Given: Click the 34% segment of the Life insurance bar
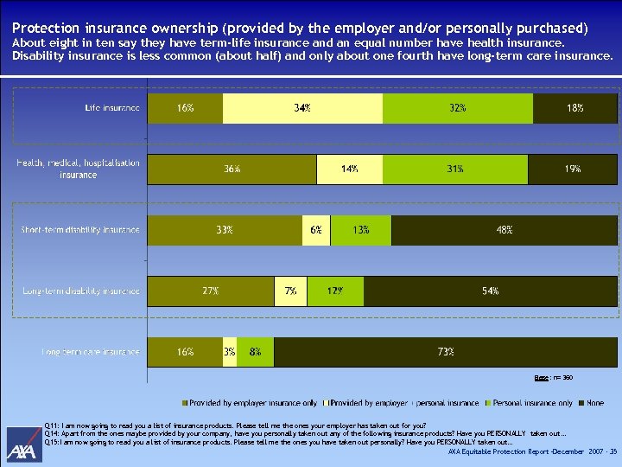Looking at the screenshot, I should pyautogui.click(x=302, y=108).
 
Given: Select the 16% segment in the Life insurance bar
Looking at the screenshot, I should pyautogui.click(x=185, y=108).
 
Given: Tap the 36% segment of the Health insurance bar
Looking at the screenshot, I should pyautogui.click(x=232, y=170).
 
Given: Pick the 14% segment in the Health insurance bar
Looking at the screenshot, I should pyautogui.click(x=349, y=170).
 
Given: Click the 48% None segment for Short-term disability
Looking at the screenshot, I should pyautogui.click(x=505, y=230).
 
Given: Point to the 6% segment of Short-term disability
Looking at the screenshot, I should pyautogui.click(x=316, y=230).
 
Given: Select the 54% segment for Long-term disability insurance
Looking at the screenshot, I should pyautogui.click(x=491, y=291).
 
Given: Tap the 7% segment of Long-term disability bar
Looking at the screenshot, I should pyautogui.click(x=290, y=291).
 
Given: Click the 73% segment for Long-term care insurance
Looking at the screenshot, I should pyautogui.click(x=446, y=352).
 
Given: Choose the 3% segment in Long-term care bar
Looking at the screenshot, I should pyautogui.click(x=230, y=352).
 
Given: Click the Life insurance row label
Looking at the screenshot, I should pyautogui.click(x=111, y=108).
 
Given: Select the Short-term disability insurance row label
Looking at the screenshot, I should pyautogui.click(x=80, y=230).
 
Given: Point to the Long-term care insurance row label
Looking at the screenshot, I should pyautogui.click(x=91, y=352).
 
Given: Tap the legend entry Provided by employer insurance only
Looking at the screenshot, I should pyautogui.click(x=250, y=402).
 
